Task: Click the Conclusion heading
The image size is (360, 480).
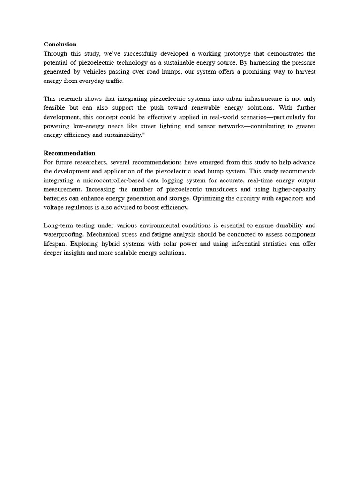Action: [60, 45]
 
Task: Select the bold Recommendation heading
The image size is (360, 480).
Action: [69, 153]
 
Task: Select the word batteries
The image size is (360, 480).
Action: [56, 198]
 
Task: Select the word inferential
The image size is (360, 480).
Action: [251, 244]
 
